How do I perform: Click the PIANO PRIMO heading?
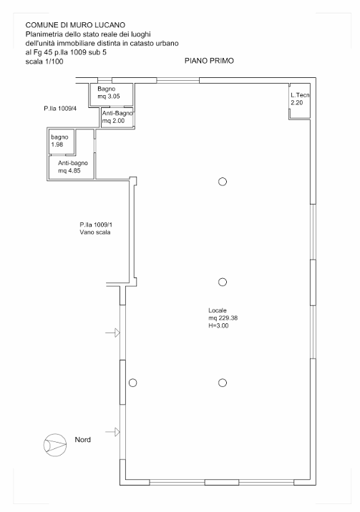click(x=209, y=61)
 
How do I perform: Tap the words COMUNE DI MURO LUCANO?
click(x=75, y=25)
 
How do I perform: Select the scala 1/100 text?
click(x=44, y=61)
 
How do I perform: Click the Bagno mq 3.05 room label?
click(x=109, y=92)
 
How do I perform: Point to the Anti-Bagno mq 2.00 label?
click(x=117, y=117)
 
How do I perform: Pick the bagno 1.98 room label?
click(x=59, y=141)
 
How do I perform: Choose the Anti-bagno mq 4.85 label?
click(x=73, y=167)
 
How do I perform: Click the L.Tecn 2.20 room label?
click(x=300, y=99)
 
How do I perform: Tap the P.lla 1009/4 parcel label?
click(x=60, y=109)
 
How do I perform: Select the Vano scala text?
click(x=94, y=232)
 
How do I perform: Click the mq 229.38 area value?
click(x=223, y=318)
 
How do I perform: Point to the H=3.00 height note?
click(x=218, y=325)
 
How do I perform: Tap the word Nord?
click(x=82, y=440)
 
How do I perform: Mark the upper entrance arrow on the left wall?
click(x=112, y=333)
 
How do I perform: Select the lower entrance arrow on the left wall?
click(x=112, y=432)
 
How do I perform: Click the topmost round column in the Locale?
click(x=223, y=182)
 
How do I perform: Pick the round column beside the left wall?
click(x=132, y=383)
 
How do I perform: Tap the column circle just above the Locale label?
click(x=223, y=282)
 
